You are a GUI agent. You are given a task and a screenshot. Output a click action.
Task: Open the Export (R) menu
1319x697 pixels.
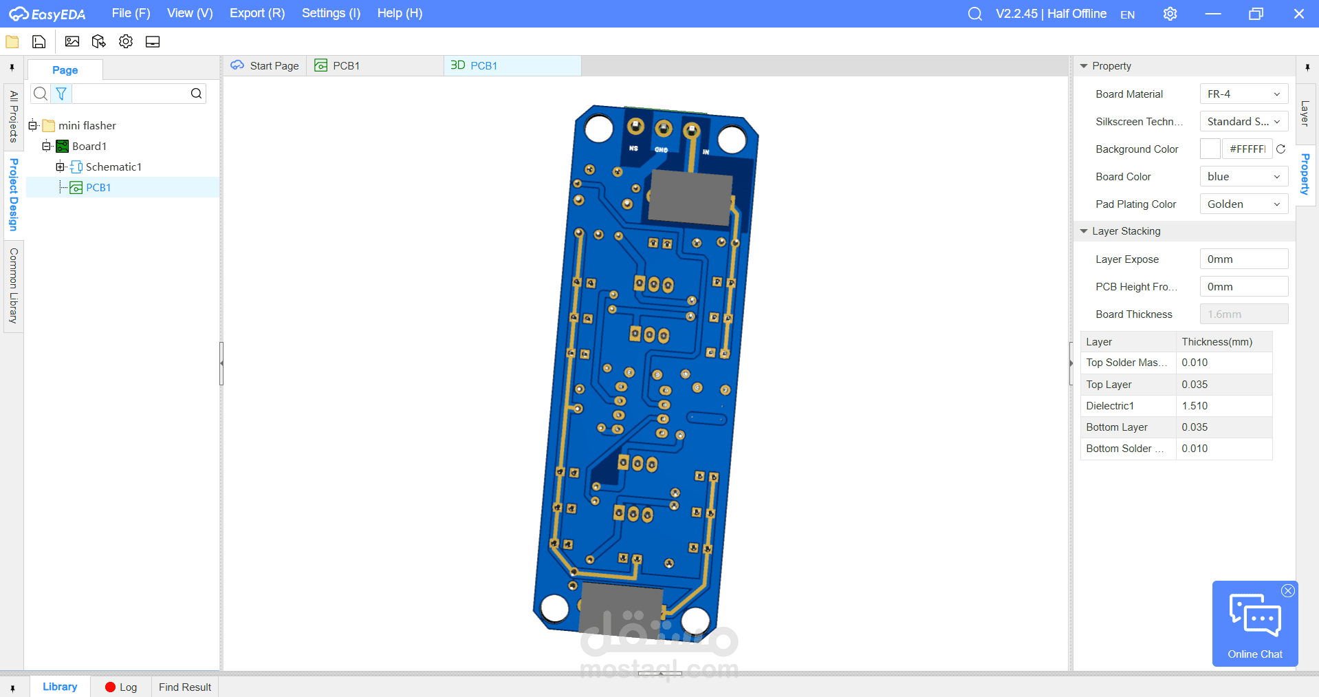(257, 13)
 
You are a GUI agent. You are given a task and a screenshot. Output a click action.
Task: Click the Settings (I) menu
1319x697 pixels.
(331, 13)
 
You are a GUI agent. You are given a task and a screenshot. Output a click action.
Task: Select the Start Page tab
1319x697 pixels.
(265, 65)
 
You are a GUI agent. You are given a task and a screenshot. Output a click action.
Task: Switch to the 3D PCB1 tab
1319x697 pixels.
(474, 65)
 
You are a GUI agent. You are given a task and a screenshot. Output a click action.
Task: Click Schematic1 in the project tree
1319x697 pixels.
(113, 167)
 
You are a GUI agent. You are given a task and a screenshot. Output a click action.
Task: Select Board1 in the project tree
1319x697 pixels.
(89, 146)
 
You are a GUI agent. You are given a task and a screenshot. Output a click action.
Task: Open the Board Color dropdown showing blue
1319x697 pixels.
(1243, 177)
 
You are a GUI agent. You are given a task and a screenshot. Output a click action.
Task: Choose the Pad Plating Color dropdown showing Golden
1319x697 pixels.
(1243, 204)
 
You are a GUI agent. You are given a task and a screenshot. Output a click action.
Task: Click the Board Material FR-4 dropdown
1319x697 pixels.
(1243, 94)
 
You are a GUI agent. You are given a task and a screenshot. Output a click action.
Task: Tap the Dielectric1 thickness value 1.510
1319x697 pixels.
(1195, 406)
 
